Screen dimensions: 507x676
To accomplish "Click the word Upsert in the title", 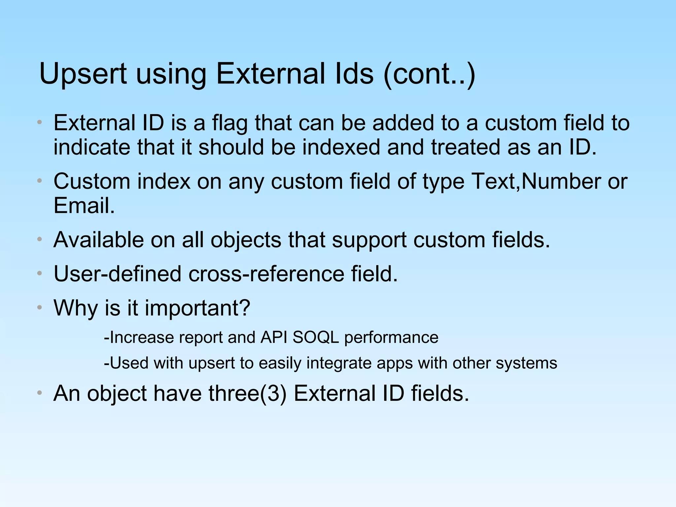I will tap(83, 74).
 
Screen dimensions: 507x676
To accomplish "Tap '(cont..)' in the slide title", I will tap(429, 74).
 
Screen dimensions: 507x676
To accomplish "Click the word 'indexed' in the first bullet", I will tap(341, 147).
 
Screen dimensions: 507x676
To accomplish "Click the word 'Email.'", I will tap(84, 206).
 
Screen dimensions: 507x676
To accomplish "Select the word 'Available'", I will tap(98, 240).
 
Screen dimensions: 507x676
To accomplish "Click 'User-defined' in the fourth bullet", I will tap(118, 274).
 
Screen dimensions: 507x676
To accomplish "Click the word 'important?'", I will tap(197, 308).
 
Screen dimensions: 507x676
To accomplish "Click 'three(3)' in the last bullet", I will tap(247, 394).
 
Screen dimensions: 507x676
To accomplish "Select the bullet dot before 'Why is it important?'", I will tap(40, 308).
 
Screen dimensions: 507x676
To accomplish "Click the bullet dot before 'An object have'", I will tap(40, 393).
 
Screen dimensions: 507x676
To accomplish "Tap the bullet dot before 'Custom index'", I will tap(40, 181).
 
